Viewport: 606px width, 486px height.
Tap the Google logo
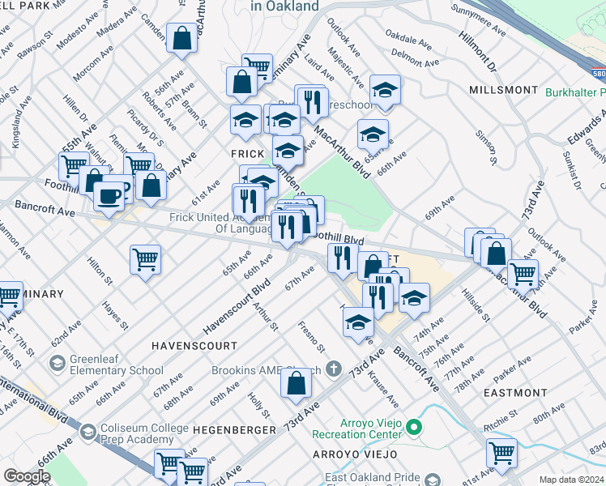[x=27, y=475]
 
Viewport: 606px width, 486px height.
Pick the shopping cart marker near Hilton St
[x=146, y=259]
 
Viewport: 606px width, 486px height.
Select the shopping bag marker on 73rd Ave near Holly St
[x=297, y=382]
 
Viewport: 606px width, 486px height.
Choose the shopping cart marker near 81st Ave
[x=502, y=454]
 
